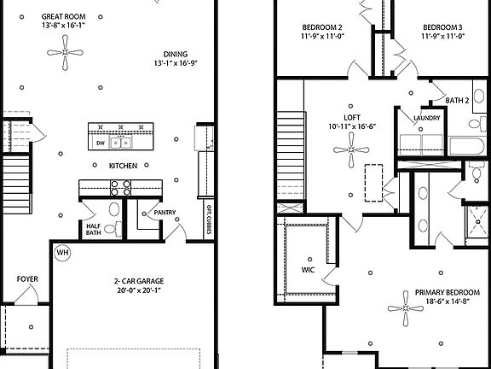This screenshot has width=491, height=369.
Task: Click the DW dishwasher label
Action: (x=101, y=144)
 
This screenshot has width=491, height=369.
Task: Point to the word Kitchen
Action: (x=122, y=166)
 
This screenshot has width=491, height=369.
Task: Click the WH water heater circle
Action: (x=62, y=253)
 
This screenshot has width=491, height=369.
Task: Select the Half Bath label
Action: (x=94, y=229)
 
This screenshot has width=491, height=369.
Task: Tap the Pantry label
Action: (x=164, y=214)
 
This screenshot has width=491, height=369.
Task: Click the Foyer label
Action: (x=26, y=279)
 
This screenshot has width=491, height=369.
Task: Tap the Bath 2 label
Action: (x=457, y=100)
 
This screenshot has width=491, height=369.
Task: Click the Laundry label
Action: (x=425, y=118)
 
